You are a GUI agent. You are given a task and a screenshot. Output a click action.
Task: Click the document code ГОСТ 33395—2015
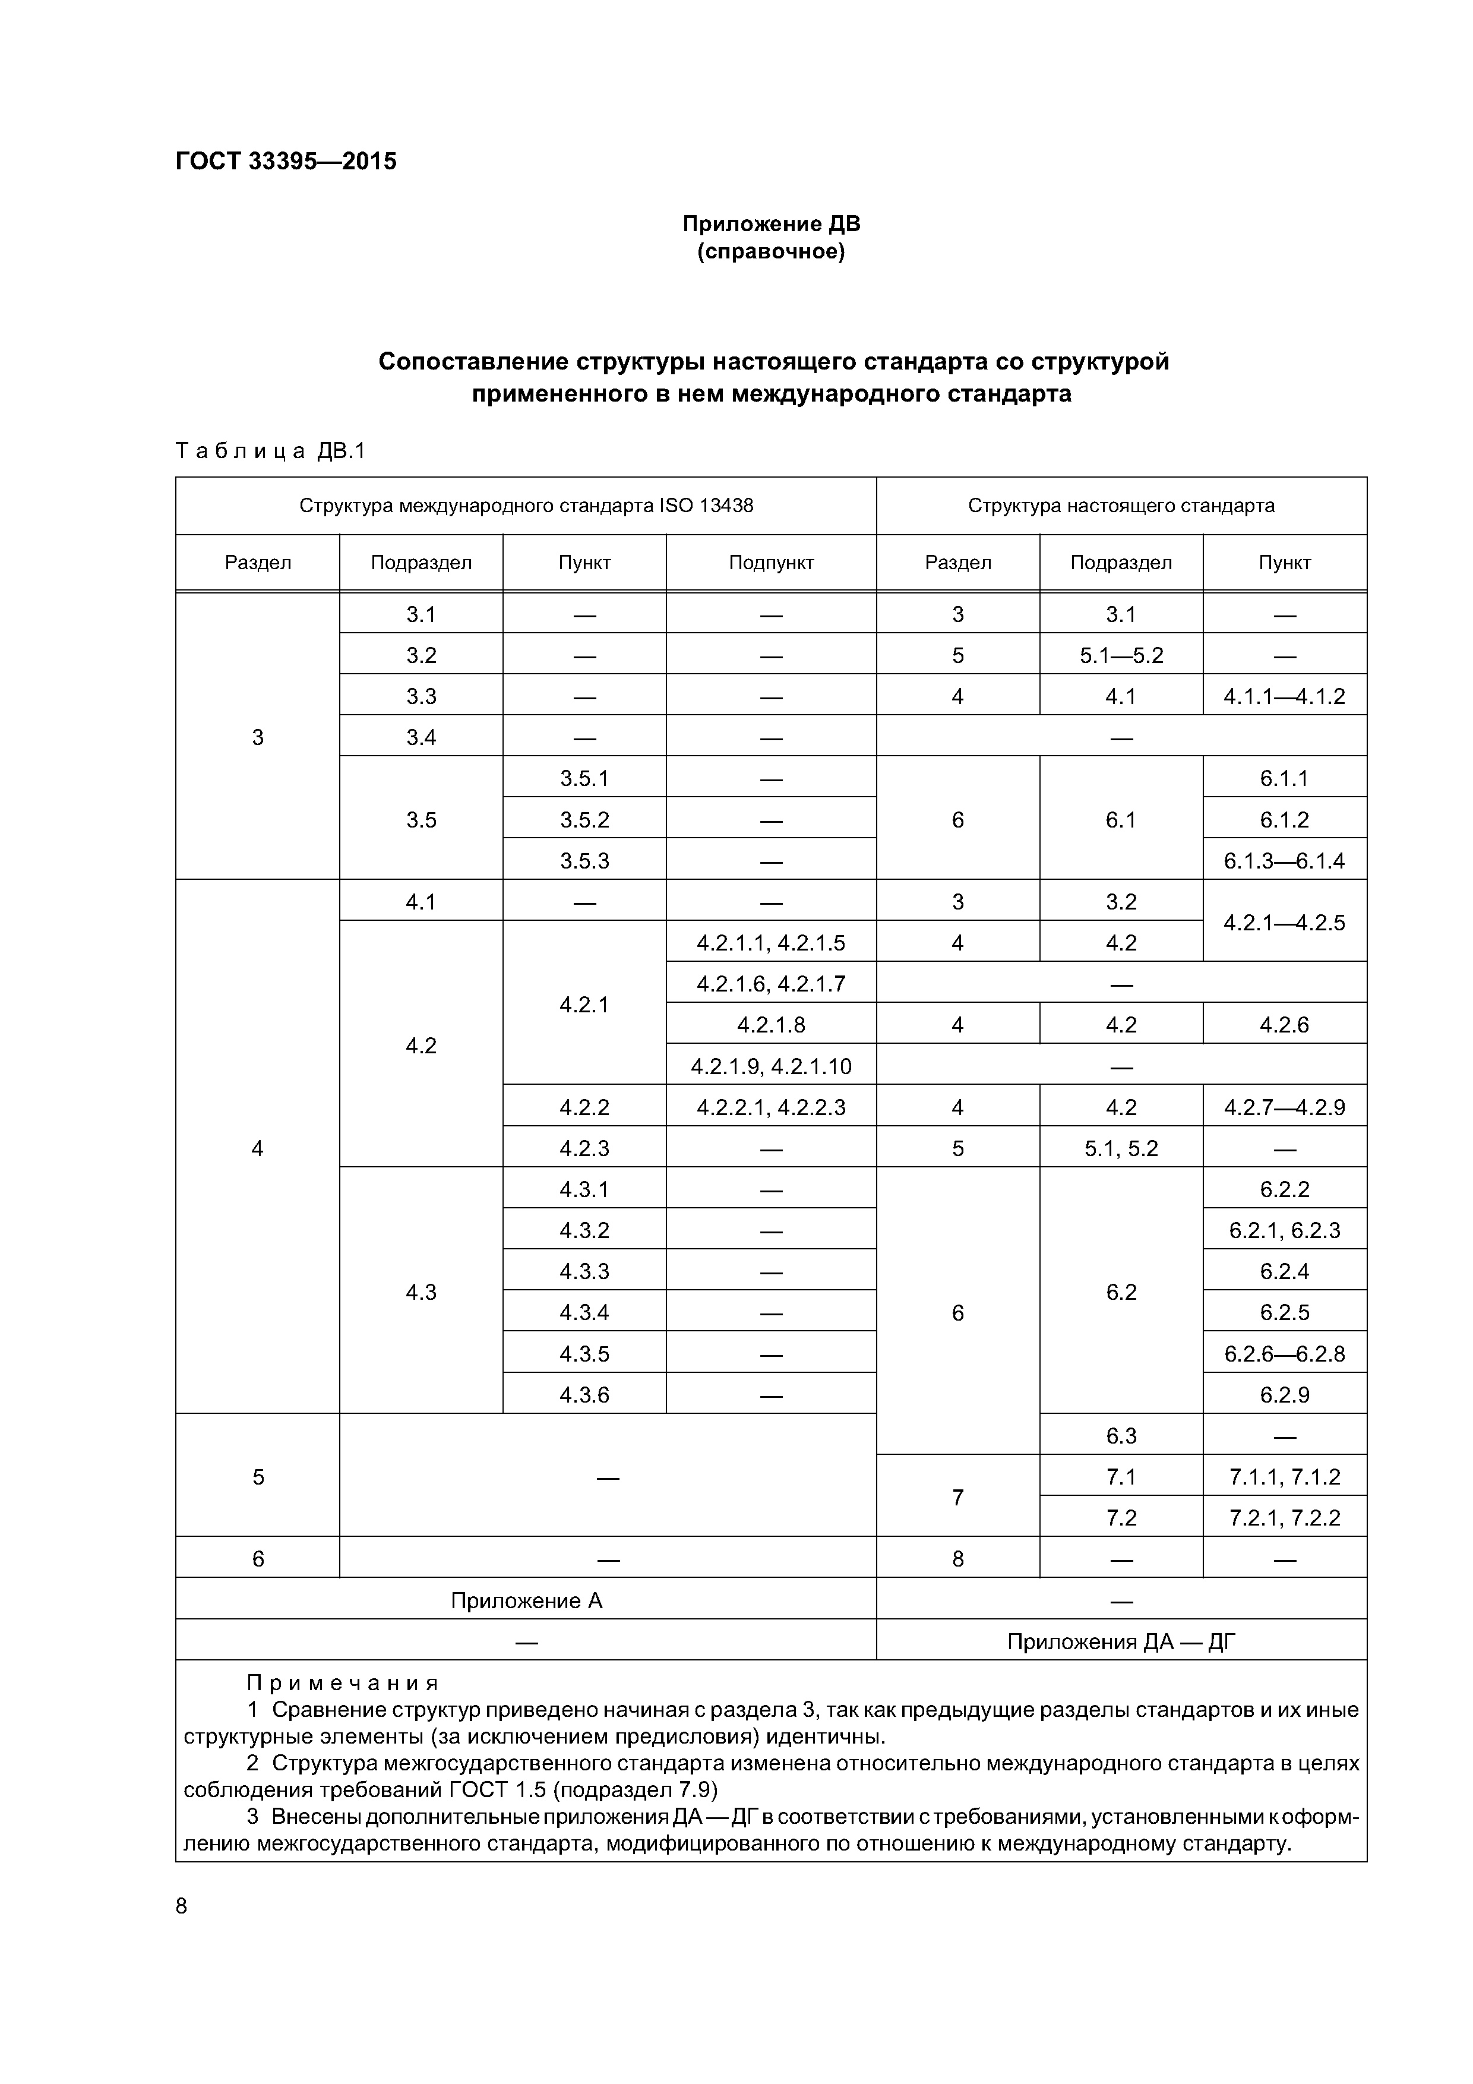pos(286,162)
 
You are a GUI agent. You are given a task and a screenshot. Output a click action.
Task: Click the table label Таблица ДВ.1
pos(270,451)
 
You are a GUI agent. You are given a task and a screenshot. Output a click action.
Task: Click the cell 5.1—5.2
pos(1121,655)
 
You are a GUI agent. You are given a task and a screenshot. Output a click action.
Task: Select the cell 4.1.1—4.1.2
pos(1284,696)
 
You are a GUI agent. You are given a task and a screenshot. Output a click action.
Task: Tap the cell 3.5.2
pos(584,820)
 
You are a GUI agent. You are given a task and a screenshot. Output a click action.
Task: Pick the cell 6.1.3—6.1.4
pos(1284,860)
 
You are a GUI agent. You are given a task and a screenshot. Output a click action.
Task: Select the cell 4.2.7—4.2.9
pos(1284,1107)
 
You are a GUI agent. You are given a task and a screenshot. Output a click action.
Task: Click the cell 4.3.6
pos(584,1394)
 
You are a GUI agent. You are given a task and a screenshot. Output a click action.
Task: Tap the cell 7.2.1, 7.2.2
pos(1284,1518)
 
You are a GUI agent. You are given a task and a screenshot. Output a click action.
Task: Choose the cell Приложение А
pos(526,1600)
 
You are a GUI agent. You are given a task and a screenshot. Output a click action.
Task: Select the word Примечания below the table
pos(342,1684)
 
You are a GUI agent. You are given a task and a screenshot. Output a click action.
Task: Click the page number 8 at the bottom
pos(182,1906)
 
